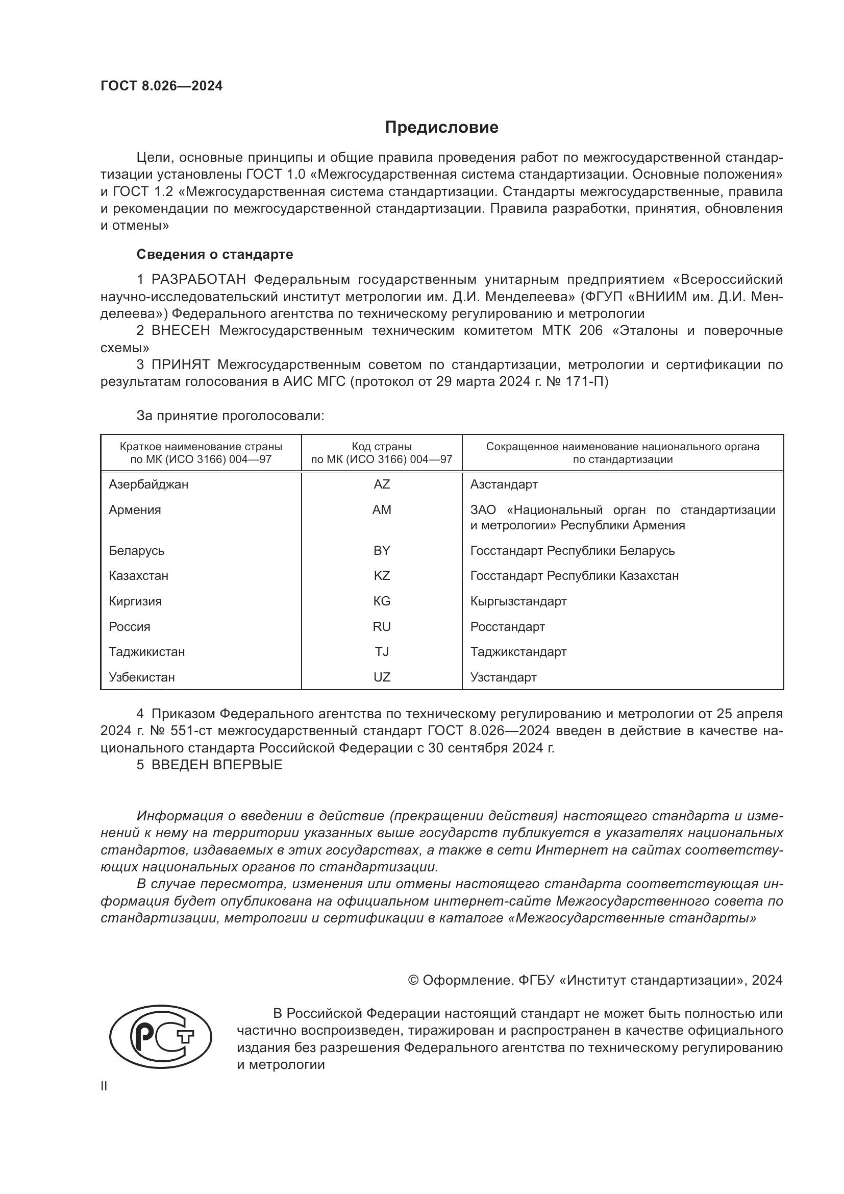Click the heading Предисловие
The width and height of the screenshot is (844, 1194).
pyautogui.click(x=441, y=128)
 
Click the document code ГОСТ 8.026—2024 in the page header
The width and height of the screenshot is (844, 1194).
pyautogui.click(x=161, y=86)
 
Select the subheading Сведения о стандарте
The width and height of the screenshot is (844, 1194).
pyautogui.click(x=215, y=254)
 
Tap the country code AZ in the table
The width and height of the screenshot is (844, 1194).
pyautogui.click(x=382, y=484)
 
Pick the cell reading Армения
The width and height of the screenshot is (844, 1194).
pyautogui.click(x=135, y=509)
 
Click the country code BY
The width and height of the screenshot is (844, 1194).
pyautogui.click(x=382, y=550)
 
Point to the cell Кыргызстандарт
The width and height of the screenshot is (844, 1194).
pyautogui.click(x=518, y=601)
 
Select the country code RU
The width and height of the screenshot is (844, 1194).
pyautogui.click(x=382, y=627)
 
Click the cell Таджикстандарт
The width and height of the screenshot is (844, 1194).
pyautogui.click(x=518, y=651)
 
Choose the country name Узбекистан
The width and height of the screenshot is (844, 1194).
pyautogui.click(x=141, y=677)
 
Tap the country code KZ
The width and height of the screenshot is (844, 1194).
pyautogui.click(x=382, y=576)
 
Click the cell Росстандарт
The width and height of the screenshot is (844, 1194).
pyautogui.click(x=507, y=627)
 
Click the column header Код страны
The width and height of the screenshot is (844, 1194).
pyautogui.click(x=382, y=447)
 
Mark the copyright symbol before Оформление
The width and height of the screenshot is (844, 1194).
pyautogui.click(x=413, y=980)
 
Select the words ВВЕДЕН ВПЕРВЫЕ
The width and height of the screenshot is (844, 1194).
pyautogui.click(x=217, y=765)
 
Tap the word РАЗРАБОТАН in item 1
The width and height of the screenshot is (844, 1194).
pyautogui.click(x=198, y=280)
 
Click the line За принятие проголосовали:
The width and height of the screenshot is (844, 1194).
pyautogui.click(x=230, y=416)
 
